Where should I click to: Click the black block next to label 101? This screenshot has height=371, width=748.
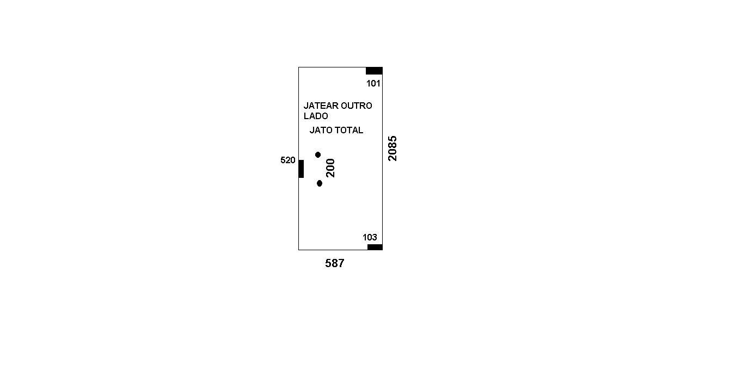pyautogui.click(x=374, y=71)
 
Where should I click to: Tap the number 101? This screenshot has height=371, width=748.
pyautogui.click(x=373, y=83)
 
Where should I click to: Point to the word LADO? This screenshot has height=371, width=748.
pyautogui.click(x=316, y=116)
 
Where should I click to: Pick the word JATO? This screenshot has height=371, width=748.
pyautogui.click(x=321, y=130)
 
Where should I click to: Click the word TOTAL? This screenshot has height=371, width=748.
pyautogui.click(x=349, y=130)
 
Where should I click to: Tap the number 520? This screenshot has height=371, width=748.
pyautogui.click(x=288, y=160)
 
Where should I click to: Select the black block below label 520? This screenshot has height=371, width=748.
pyautogui.click(x=301, y=169)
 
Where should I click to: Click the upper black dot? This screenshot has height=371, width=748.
pyautogui.click(x=318, y=155)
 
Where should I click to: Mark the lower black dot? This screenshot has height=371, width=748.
pyautogui.click(x=320, y=183)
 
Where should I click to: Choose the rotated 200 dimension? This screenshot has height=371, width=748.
pyautogui.click(x=330, y=168)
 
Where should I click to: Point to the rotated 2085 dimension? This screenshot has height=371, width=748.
pyautogui.click(x=393, y=149)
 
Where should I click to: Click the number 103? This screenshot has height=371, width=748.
pyautogui.click(x=370, y=237)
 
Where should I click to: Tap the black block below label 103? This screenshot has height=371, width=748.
pyautogui.click(x=375, y=247)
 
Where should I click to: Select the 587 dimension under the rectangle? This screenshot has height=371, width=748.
pyautogui.click(x=335, y=263)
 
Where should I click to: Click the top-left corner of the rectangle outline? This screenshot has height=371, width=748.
pyautogui.click(x=298, y=67)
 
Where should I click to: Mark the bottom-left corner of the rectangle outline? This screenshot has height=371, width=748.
pyautogui.click(x=298, y=250)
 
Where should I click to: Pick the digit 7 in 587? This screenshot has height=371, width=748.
pyautogui.click(x=341, y=263)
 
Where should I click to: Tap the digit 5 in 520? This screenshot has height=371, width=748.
pyautogui.click(x=283, y=160)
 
